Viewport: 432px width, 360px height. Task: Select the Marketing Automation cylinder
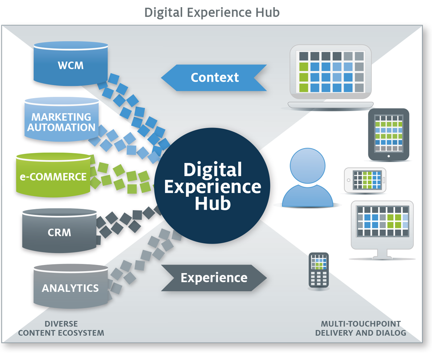tap(62, 120)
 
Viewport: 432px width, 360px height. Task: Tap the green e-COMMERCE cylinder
tap(53, 175)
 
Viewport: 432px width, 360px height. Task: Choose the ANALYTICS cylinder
tap(71, 286)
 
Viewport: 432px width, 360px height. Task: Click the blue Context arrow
tap(214, 78)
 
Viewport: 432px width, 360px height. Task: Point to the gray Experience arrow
tap(214, 278)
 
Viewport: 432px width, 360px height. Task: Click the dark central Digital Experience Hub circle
tap(212, 186)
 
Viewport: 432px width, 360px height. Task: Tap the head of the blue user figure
tap(307, 166)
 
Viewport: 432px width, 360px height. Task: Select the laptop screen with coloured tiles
tap(331, 72)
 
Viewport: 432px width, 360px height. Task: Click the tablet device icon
tap(388, 134)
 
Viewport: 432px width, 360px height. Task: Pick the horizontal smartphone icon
tap(365, 180)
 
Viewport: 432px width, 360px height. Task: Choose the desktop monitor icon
tap(382, 230)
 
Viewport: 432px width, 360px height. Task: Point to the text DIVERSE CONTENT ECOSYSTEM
tap(61, 328)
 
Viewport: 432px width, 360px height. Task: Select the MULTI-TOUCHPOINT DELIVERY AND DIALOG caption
tap(361, 328)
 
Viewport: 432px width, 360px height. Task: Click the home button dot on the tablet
tap(389, 156)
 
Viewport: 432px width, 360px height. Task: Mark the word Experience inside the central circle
tap(212, 187)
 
